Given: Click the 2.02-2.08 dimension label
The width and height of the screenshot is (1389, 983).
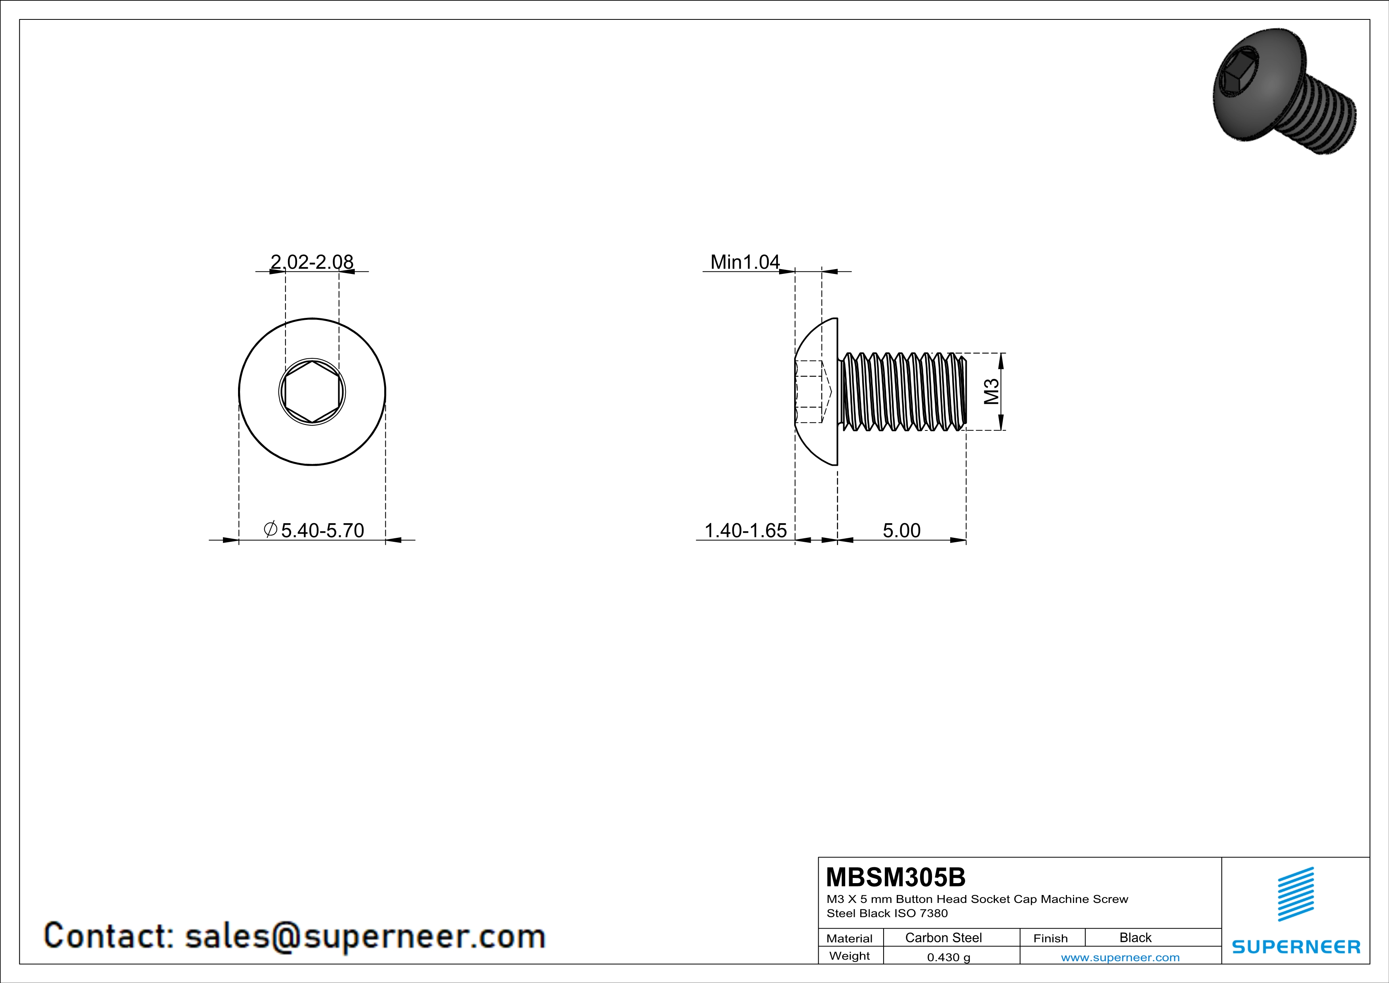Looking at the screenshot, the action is click(x=312, y=262).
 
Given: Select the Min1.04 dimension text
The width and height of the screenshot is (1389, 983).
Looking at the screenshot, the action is click(x=745, y=262).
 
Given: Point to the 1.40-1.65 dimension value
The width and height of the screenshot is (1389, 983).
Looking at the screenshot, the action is click(x=745, y=530).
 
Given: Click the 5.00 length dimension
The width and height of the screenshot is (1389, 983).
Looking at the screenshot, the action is click(x=901, y=530).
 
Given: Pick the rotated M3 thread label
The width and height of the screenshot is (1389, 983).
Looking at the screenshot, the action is click(x=991, y=392).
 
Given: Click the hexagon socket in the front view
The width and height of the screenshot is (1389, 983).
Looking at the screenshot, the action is click(x=312, y=392).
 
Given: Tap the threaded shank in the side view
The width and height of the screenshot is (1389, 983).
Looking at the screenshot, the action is click(x=903, y=392).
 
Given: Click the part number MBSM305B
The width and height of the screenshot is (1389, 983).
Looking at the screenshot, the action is click(x=896, y=877).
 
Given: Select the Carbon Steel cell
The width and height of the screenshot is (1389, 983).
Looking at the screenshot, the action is click(x=943, y=937).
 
